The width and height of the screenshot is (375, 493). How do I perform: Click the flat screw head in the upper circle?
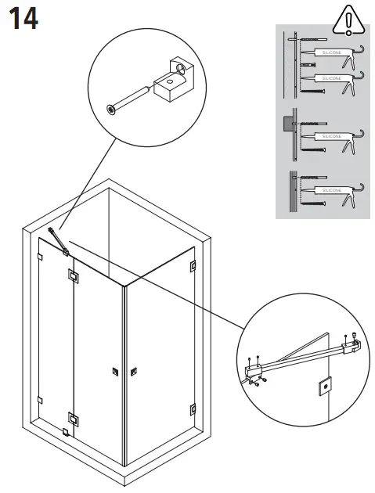[111, 110]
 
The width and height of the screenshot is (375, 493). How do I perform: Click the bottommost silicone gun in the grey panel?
[332, 191]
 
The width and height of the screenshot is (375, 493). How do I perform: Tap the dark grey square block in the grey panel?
[287, 122]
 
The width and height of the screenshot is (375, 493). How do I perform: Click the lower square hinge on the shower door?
[73, 419]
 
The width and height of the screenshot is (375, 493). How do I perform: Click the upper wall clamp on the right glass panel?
[192, 267]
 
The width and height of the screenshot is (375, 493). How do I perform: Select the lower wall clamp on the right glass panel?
[192, 407]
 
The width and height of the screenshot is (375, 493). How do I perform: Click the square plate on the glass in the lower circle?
[322, 387]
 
